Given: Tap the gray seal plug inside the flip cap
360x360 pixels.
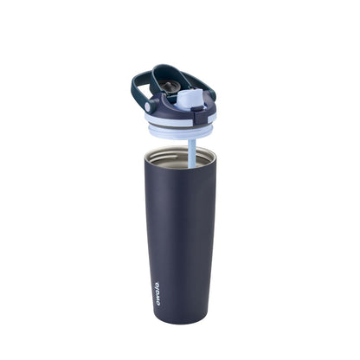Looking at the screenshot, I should (169, 87).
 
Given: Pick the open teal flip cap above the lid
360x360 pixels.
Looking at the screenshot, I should (169, 80).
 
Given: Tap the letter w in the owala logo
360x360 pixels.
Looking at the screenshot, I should (156, 289).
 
